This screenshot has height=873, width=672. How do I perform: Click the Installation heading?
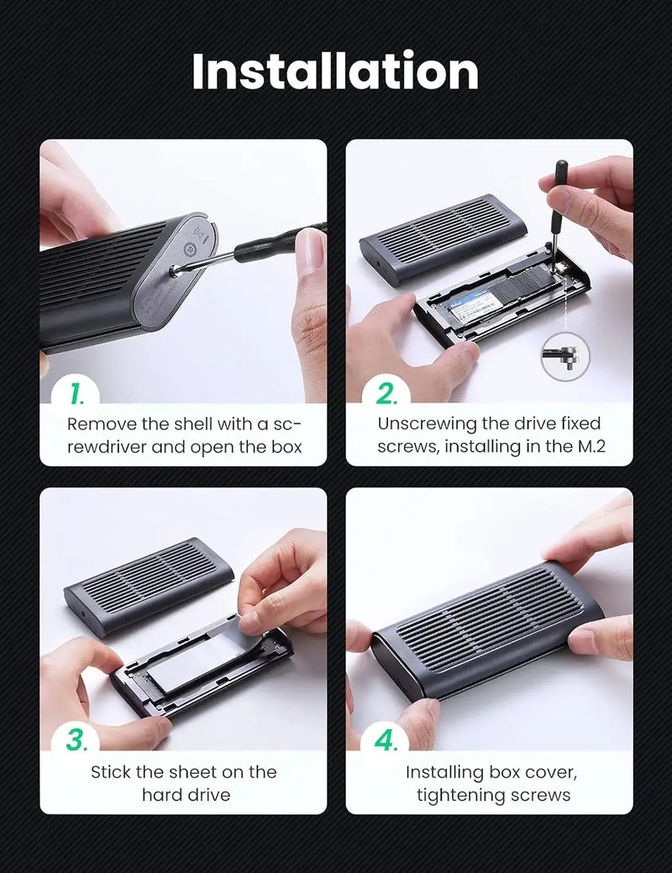[335, 71]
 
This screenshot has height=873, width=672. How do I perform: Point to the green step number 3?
[77, 741]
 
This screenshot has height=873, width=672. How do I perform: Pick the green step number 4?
[386, 741]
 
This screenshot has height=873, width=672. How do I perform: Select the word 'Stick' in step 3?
[113, 771]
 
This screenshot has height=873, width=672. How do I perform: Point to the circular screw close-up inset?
[564, 355]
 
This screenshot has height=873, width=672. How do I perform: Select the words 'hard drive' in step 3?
[185, 794]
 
